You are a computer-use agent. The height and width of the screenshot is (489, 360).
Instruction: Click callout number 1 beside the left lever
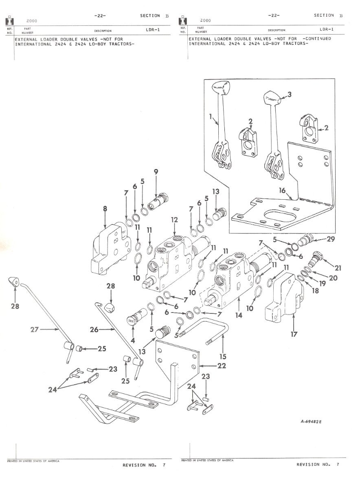pyautogui.click(x=211, y=117)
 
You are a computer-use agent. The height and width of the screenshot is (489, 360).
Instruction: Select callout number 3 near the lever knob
pyautogui.click(x=290, y=95)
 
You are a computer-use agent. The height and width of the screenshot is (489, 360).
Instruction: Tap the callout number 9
pyautogui.click(x=155, y=172)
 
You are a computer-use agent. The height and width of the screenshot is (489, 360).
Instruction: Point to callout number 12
pyautogui.click(x=174, y=219)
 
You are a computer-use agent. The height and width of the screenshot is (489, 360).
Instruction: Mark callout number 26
pyautogui.click(x=94, y=330)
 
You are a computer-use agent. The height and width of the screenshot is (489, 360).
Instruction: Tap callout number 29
pyautogui.click(x=331, y=239)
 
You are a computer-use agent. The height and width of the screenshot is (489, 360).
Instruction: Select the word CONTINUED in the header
pyautogui.click(x=317, y=39)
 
